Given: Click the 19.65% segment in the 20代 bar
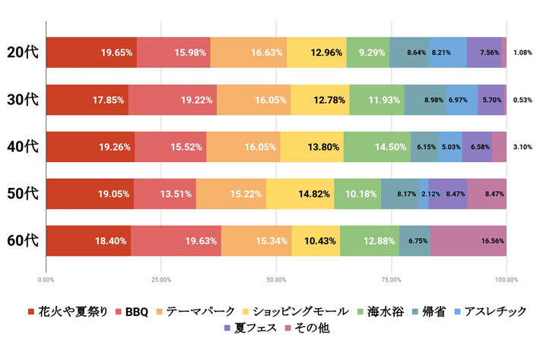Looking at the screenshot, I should point(91,53).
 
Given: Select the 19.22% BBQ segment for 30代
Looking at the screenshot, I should point(173,100).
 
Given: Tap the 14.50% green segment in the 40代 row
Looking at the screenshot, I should point(377,147).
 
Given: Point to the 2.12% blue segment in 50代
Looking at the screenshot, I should point(424,194).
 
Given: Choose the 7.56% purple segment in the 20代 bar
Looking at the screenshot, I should point(484,53).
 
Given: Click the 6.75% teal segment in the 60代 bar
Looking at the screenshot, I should point(415,241).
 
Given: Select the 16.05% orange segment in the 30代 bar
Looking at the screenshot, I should point(253,100).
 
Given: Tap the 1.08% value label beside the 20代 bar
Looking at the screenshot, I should point(522,53).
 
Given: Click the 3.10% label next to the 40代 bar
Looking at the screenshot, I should point(522,147).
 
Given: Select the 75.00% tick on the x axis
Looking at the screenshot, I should point(392,279).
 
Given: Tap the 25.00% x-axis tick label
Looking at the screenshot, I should point(161,279).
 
